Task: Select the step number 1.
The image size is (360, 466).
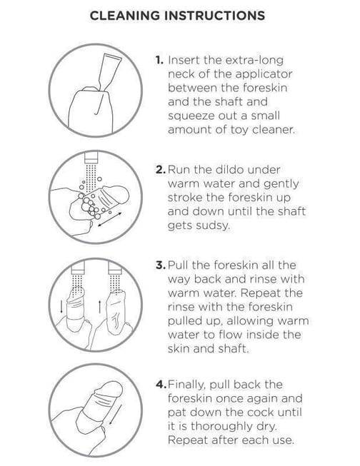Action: tap(159, 60)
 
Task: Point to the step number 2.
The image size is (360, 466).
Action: tap(161, 170)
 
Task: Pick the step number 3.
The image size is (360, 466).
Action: tap(161, 265)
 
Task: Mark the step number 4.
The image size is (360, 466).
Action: tap(161, 385)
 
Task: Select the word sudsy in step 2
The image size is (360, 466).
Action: tap(214, 226)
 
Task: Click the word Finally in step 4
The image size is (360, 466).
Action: tap(186, 385)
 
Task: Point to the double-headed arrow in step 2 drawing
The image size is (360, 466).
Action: tap(109, 219)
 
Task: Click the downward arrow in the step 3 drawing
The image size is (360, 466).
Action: tap(61, 307)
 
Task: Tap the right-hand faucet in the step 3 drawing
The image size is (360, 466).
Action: tap(115, 268)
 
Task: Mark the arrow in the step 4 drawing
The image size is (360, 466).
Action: tap(115, 414)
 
